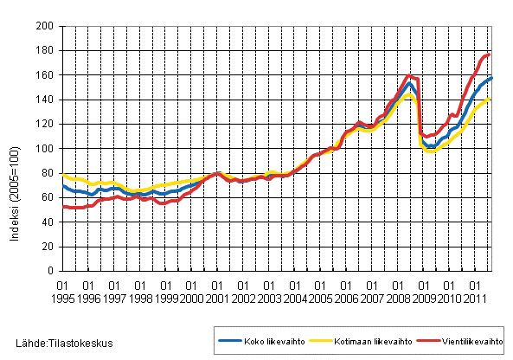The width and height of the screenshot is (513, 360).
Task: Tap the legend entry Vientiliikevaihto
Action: pos(459,341)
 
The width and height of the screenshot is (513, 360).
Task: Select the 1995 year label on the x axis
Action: pos(63,298)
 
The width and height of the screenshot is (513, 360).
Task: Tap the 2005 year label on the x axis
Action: pos(320,298)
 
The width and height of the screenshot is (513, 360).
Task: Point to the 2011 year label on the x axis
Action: pos(474,298)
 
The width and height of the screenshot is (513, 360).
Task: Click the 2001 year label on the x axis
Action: pos(217,298)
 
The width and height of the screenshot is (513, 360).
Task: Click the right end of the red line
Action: pos(491,55)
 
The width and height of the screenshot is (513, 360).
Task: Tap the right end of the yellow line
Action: pos(491,99)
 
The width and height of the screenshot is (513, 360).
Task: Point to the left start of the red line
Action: pos(63,206)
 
